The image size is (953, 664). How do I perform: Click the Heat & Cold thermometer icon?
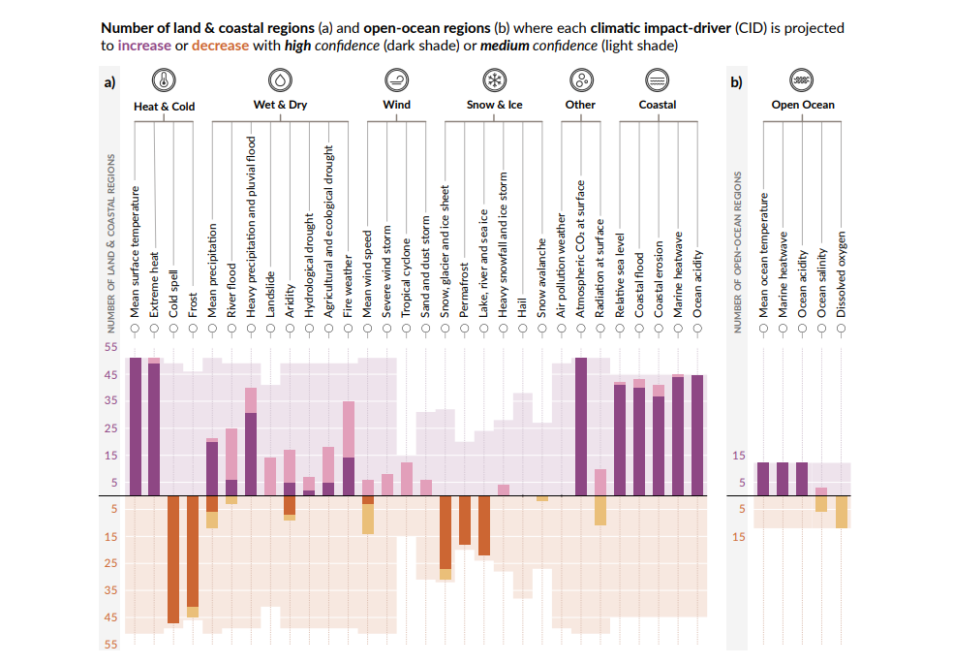tap(164, 80)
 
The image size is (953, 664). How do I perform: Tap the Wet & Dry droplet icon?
tap(279, 79)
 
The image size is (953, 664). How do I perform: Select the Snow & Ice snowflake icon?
tap(494, 79)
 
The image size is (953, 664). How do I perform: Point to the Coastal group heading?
tap(657, 105)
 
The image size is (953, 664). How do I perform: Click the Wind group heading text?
tap(396, 105)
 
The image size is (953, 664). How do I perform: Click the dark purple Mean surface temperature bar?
tap(135, 427)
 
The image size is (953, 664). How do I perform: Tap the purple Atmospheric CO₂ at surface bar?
tap(581, 427)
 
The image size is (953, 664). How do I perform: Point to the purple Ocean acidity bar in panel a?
tap(697, 435)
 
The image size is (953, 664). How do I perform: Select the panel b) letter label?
tap(736, 82)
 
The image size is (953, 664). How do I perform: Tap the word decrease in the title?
tap(220, 46)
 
